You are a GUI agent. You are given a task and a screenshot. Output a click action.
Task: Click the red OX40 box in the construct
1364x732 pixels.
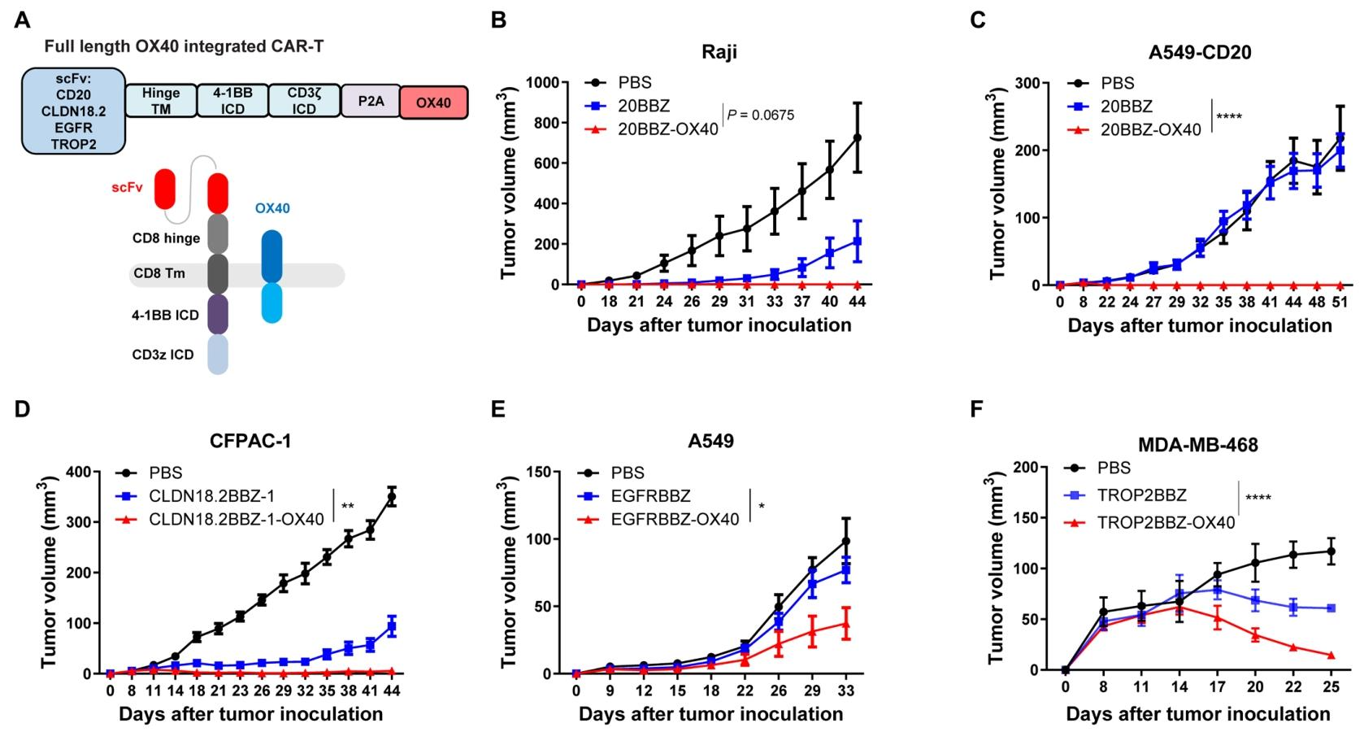433,103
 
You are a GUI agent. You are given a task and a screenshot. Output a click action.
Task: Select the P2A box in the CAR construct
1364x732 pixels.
371,102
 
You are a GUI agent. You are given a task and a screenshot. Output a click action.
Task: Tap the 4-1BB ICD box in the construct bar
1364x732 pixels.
232,101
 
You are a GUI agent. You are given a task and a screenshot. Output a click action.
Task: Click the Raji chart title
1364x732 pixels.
719,53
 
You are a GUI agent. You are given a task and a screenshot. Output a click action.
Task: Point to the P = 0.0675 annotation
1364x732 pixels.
761,115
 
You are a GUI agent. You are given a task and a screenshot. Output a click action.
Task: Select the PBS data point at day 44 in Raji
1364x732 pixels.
857,137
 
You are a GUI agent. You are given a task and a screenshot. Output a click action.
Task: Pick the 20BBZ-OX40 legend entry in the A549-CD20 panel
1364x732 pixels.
1151,129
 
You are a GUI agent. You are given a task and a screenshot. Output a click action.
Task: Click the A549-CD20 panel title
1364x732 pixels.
1200,53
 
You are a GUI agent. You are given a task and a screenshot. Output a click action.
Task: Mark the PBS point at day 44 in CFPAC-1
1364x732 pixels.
392,497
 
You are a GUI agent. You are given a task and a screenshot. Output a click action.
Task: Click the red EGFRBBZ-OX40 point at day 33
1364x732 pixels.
845,624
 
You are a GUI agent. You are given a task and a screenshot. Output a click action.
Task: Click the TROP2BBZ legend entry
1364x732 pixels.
1146,495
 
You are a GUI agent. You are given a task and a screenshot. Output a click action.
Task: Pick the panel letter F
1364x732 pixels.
977,407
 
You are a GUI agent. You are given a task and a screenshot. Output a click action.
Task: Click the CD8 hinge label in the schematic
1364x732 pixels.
166,238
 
